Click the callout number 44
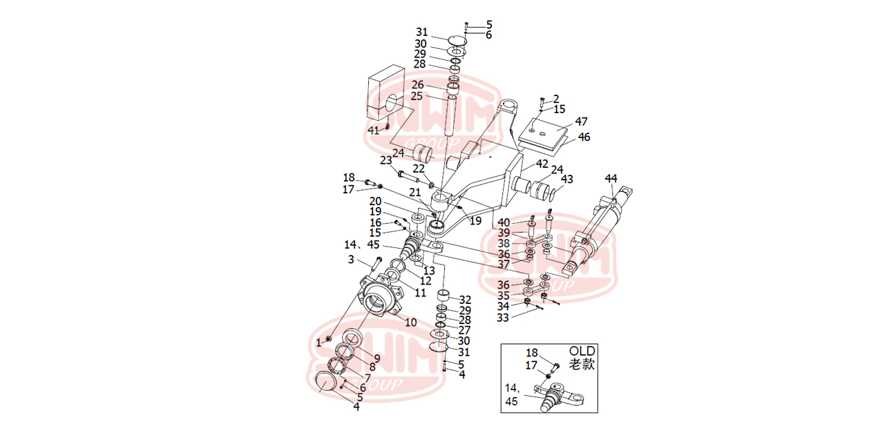point(611,178)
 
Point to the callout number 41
point(373,129)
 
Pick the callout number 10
point(410,322)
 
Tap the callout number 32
point(465,300)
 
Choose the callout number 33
point(503,317)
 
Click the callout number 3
point(351,260)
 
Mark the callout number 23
point(385,160)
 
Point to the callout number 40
point(504,222)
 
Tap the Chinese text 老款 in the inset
point(582,363)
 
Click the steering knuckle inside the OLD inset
point(558,397)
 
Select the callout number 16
point(375,222)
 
